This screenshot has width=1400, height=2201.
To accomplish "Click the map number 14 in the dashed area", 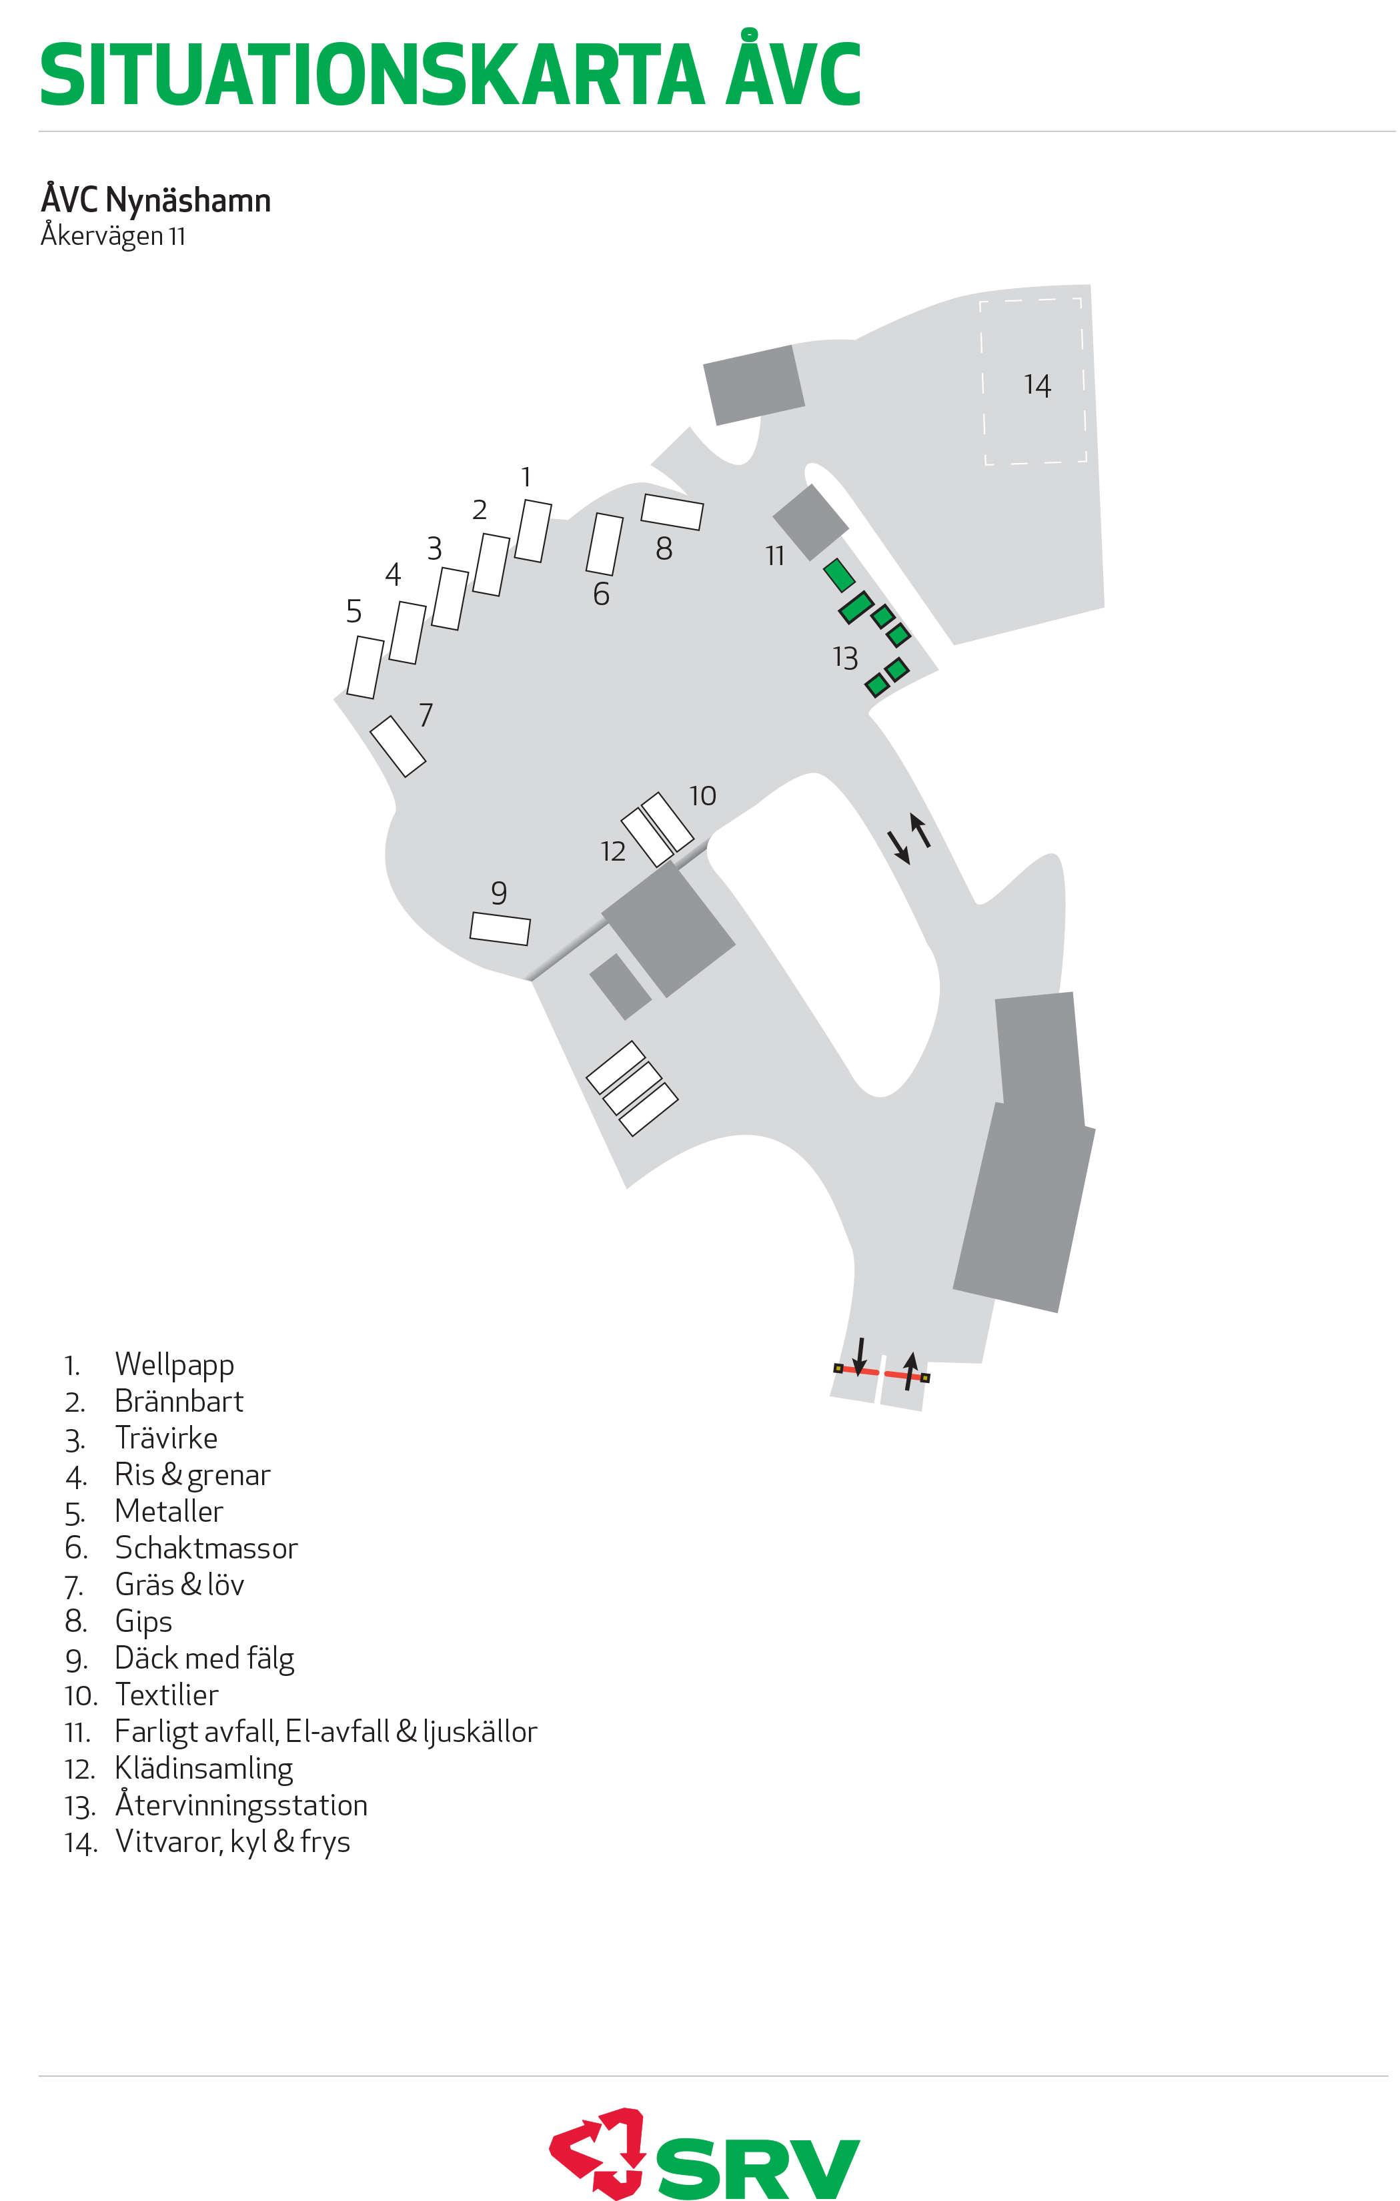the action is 1037,385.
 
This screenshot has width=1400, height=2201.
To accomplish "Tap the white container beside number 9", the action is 500,929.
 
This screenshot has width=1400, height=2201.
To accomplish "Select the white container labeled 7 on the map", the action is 398,746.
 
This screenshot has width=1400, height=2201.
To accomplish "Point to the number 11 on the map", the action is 775,556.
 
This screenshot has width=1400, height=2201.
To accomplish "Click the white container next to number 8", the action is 672,512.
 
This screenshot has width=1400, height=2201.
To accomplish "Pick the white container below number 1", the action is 533,530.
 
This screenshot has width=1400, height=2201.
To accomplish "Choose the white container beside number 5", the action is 366,667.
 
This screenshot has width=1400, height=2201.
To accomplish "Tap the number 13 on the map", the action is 845,658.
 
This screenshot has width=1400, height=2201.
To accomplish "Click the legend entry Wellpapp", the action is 175,1364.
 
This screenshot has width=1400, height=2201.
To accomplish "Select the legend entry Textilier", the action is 166,1695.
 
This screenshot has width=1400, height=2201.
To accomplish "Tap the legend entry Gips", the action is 143,1621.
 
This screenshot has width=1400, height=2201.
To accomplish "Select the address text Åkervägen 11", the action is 113,236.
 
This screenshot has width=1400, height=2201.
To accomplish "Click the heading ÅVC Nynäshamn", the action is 155,199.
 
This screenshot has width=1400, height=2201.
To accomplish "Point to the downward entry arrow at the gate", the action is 859,1357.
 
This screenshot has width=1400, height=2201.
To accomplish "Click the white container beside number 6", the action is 604,544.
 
